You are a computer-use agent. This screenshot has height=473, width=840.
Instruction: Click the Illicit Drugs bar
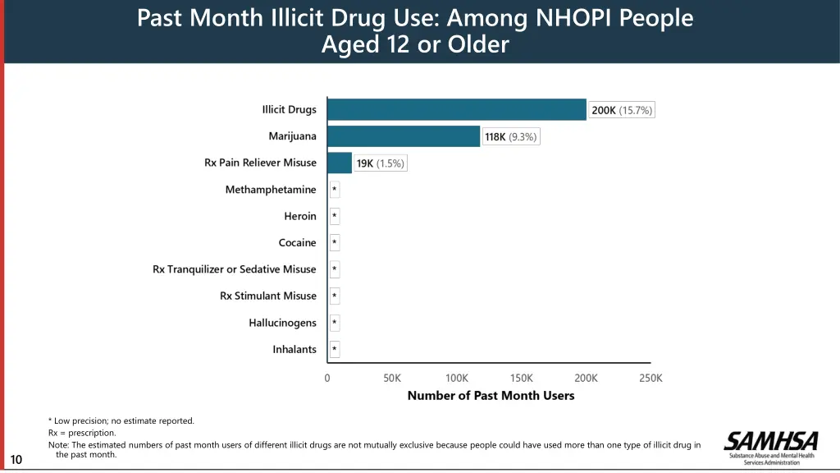(x=457, y=110)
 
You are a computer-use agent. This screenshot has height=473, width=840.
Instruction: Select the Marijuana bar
(x=404, y=136)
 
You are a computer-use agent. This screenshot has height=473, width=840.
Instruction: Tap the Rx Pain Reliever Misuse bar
(x=340, y=163)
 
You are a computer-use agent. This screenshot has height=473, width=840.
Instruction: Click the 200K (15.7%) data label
(x=622, y=110)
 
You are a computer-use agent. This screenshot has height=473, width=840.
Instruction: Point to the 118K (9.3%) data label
(x=510, y=137)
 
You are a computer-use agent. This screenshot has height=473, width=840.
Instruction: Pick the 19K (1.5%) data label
(x=380, y=163)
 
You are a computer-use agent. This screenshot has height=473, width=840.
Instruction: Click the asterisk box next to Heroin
(x=335, y=217)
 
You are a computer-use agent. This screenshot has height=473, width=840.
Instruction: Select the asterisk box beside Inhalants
(x=335, y=350)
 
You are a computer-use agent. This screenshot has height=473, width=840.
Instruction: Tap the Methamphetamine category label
(x=271, y=190)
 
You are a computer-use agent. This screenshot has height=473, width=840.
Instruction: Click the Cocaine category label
(x=297, y=243)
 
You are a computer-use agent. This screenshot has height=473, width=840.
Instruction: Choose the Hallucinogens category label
(x=282, y=323)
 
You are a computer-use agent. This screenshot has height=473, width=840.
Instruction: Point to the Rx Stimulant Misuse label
(x=267, y=296)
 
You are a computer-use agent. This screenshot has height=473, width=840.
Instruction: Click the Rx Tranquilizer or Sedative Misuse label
(x=234, y=269)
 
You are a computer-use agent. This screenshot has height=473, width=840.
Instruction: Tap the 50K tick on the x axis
(x=392, y=378)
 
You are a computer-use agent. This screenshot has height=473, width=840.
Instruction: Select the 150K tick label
(x=522, y=378)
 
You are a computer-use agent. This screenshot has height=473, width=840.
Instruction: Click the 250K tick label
(x=651, y=378)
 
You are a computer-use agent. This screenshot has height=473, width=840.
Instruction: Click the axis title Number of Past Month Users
(x=491, y=396)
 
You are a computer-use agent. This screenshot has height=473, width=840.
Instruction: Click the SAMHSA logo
(x=770, y=447)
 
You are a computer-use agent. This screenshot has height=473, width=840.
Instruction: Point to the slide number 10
(x=16, y=460)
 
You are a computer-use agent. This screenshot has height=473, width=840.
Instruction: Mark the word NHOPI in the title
(x=573, y=17)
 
